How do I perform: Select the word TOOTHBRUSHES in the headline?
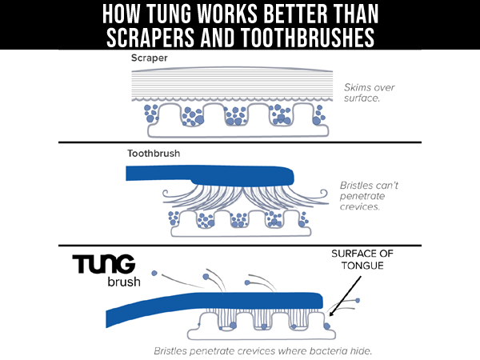pyautogui.click(x=307, y=37)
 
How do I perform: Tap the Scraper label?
pyautogui.click(x=149, y=58)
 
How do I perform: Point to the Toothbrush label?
pyautogui.click(x=154, y=153)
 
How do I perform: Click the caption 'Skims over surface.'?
pyautogui.click(x=369, y=93)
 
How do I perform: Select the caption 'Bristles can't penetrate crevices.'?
pyautogui.click(x=369, y=196)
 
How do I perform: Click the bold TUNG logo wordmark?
pyautogui.click(x=104, y=263)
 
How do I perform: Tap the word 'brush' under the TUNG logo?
pyautogui.click(x=124, y=282)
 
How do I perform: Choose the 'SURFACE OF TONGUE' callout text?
pyautogui.click(x=362, y=259)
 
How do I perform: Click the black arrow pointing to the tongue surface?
pyautogui.click(x=345, y=296)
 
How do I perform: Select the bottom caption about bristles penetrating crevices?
pyautogui.click(x=262, y=351)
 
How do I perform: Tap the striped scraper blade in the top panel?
pyautogui.click(x=232, y=84)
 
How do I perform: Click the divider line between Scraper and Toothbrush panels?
pyautogui.click(x=240, y=142)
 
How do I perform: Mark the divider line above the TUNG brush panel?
pyautogui.click(x=240, y=246)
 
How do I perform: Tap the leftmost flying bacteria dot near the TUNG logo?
pyautogui.click(x=154, y=273)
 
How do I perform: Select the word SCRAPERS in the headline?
pyautogui.click(x=150, y=37)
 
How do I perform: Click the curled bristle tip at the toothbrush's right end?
pyautogui.click(x=324, y=194)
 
